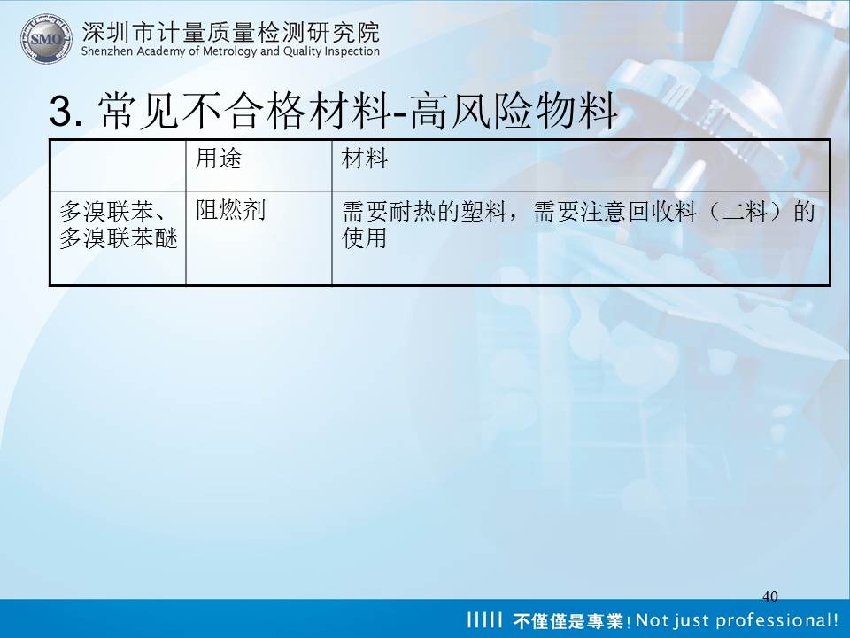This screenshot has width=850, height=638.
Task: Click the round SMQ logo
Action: pos(46,38)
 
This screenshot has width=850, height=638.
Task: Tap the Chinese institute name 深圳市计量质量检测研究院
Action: pos(230,32)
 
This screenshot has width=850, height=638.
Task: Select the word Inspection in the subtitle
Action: pos(352,51)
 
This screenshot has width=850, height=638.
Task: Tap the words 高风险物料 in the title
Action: pos(513,111)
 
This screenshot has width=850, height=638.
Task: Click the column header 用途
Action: pos(219,159)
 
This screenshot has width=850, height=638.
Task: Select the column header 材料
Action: pos(364,159)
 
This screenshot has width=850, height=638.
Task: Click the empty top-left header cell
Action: pos(118,166)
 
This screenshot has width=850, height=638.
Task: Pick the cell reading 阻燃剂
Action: pos(230,210)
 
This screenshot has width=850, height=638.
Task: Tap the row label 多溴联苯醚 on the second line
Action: pos(118,237)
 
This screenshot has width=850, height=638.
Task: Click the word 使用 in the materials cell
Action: pos(364,237)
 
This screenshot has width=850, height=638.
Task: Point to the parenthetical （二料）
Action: pos(746,211)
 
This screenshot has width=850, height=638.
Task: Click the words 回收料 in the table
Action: pos(662,211)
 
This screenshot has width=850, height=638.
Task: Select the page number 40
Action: pos(769,596)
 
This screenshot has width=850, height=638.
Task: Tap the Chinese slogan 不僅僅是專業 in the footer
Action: pos(568,620)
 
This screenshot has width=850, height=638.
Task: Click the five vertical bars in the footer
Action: pos(484,619)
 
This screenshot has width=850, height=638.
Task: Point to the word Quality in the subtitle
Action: pos(302,51)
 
